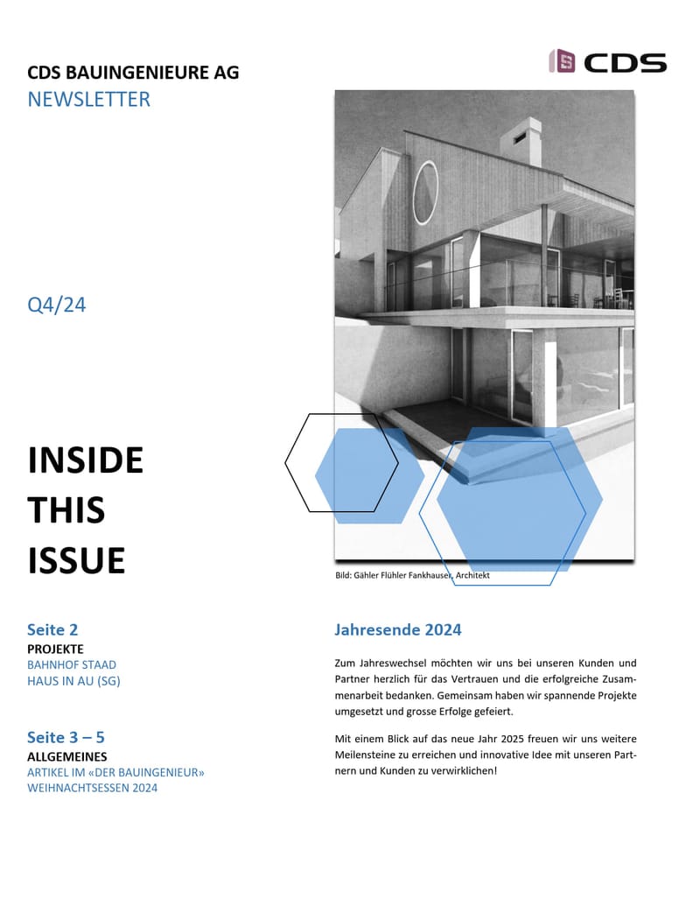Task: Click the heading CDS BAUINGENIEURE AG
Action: click(133, 72)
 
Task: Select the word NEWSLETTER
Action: click(88, 99)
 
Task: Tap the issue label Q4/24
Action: click(57, 306)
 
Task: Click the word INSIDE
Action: click(86, 460)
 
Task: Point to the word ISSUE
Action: click(77, 560)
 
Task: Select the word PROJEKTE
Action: click(55, 649)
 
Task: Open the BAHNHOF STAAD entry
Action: click(72, 664)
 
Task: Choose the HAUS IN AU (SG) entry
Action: click(73, 680)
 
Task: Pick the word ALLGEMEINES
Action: click(67, 756)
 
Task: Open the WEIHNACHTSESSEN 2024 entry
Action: click(93, 788)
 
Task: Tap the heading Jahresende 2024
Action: click(397, 629)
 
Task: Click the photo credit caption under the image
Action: click(412, 575)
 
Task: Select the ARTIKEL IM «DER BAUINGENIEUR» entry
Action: click(115, 772)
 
